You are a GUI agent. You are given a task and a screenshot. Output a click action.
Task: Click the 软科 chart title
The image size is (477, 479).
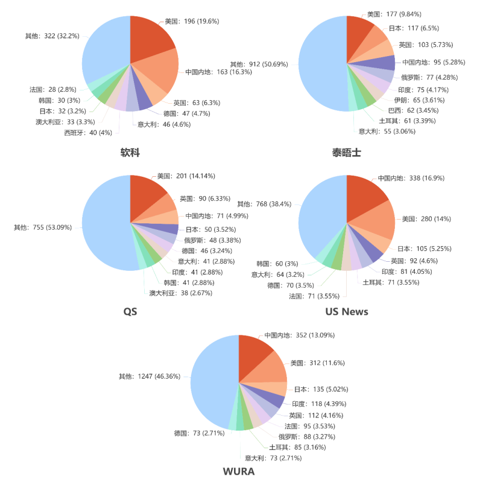(130, 153)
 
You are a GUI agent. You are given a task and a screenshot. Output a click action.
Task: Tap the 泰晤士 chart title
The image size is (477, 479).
(347, 153)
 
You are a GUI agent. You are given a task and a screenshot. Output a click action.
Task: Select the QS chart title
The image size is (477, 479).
(130, 311)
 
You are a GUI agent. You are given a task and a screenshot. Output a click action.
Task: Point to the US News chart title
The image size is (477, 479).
(347, 311)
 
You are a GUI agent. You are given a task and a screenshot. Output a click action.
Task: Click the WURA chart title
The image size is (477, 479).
(239, 471)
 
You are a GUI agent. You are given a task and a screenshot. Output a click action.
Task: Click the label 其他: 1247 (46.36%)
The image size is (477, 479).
(150, 376)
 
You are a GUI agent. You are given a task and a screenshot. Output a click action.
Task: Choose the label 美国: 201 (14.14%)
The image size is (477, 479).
(186, 176)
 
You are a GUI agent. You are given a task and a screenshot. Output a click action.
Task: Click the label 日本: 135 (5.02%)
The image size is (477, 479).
(321, 389)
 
